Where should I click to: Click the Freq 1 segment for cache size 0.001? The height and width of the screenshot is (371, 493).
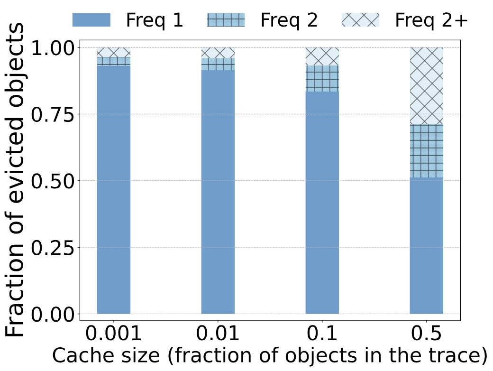[x=114, y=190]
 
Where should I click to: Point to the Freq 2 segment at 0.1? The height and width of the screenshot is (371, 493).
[x=322, y=79]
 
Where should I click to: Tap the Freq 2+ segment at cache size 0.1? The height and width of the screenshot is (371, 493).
[x=322, y=56]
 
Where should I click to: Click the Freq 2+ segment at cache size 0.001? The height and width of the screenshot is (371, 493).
[x=114, y=52]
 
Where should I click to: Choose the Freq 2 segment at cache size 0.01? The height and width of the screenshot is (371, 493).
[x=218, y=64]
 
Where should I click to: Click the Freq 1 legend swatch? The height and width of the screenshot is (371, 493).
[x=91, y=20]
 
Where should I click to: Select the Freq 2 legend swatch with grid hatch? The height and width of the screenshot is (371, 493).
[x=226, y=20]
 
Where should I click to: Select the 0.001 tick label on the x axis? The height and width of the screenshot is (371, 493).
[x=114, y=335]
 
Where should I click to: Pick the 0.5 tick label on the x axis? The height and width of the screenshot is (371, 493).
[x=427, y=335]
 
